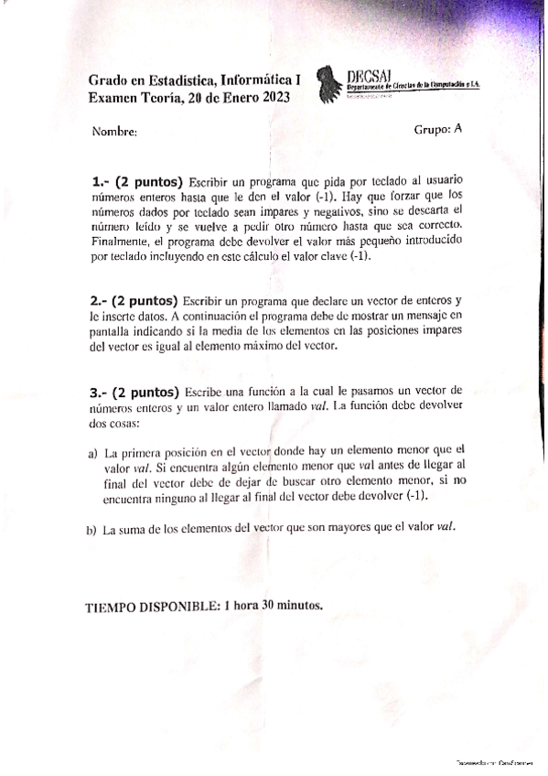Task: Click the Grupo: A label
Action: (437, 130)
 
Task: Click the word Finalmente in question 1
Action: (119, 242)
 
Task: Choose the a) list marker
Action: (92, 452)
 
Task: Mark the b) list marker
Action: (91, 529)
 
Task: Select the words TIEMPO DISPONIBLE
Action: (150, 606)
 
